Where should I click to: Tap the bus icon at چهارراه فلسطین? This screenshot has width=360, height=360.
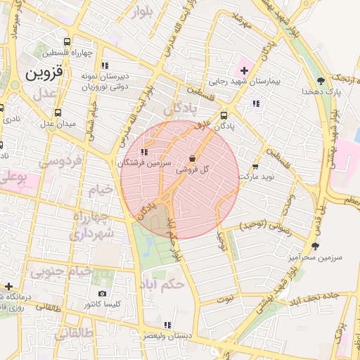coord(67,41)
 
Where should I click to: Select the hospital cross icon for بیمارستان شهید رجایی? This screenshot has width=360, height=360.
coord(244,70)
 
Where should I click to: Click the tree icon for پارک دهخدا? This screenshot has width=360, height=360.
coord(321,81)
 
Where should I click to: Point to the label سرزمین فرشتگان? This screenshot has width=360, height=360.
coord(144,162)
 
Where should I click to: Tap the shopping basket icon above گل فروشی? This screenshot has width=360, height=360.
coord(193,159)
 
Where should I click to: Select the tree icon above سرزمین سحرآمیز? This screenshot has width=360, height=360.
coord(314,246)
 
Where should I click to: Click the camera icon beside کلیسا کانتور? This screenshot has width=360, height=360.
coord(103,293)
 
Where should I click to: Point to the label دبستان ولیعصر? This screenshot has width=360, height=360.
coord(167,336)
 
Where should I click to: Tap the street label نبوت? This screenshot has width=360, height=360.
coord(224,299)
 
